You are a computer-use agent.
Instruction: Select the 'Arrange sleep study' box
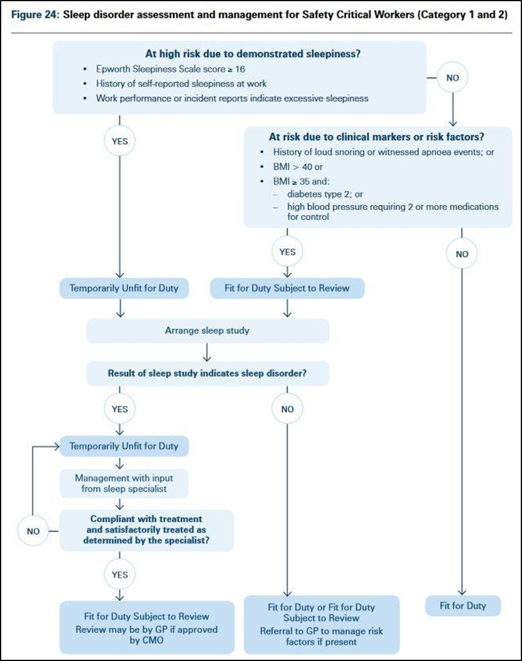coord(207,330)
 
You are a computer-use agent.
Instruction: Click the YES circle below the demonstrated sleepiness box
coord(120,142)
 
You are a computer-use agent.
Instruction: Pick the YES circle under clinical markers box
coord(287,252)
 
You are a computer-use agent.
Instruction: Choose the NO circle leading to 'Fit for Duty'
coord(462,253)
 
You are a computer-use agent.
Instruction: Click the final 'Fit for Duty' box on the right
coord(462,606)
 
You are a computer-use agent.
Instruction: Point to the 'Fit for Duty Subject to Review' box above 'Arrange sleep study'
coord(287,289)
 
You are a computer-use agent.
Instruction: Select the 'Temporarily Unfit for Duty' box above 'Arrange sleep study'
coord(123,289)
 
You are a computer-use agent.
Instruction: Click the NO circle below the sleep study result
coord(287,409)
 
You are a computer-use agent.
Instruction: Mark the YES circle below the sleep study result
coord(120,409)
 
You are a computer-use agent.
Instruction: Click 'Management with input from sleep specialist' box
coord(124,484)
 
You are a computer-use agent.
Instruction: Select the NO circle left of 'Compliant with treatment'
coord(33,531)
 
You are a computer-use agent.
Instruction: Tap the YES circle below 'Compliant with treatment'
coord(120,575)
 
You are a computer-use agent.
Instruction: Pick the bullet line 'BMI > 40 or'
coord(297,167)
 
